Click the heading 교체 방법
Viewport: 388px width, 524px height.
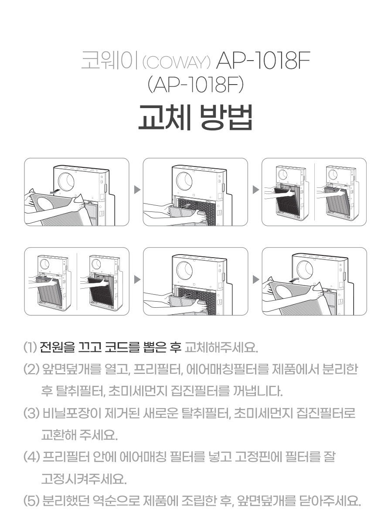195,118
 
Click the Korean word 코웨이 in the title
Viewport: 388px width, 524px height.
109,61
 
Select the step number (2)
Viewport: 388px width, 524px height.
31,369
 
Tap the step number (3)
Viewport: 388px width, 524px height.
31,413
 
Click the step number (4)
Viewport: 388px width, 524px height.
31,457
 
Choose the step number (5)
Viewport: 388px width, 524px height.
31,500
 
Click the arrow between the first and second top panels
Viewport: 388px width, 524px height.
137,190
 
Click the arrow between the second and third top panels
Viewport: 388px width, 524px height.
256,190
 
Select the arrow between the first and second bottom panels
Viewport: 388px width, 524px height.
137,279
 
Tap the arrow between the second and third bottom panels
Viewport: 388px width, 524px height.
256,279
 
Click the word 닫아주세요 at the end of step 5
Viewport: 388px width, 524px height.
330,500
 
